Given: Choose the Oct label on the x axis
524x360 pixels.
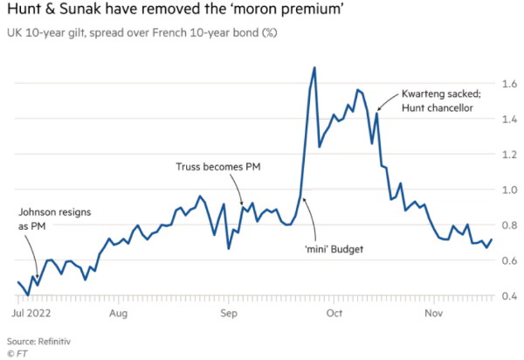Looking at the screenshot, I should [x=334, y=311].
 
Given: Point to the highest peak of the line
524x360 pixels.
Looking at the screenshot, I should [x=314, y=67].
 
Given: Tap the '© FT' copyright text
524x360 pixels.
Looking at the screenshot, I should [x=17, y=352].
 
